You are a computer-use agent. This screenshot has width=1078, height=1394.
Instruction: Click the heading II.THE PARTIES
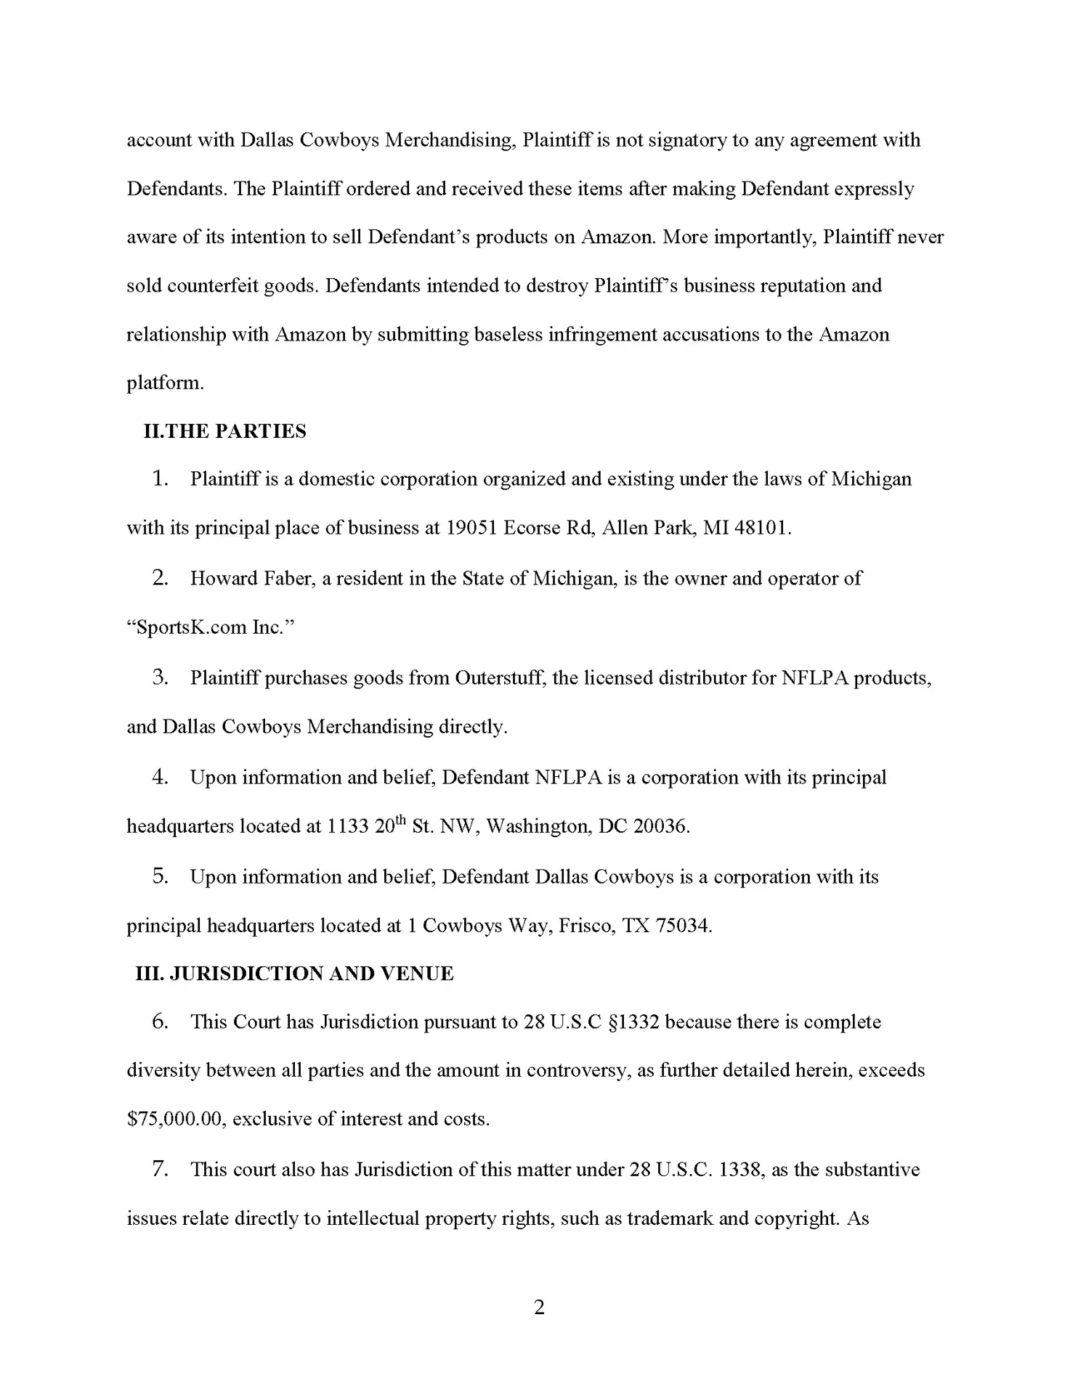225,431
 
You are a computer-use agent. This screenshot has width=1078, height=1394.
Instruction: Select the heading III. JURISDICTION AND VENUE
294,974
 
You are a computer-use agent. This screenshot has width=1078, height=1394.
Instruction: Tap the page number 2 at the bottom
539,1308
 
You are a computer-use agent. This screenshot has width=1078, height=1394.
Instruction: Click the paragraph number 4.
161,777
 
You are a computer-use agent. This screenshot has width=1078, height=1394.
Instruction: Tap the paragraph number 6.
161,1022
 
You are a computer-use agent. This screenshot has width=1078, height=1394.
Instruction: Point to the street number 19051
471,528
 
